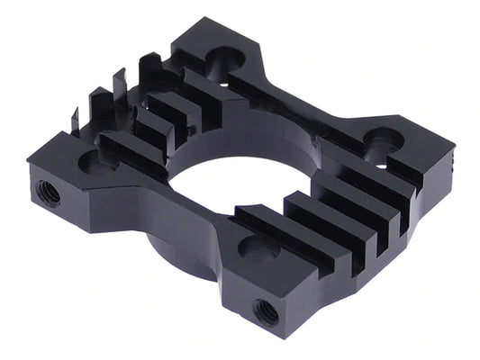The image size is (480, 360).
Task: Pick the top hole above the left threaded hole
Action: click(93, 163)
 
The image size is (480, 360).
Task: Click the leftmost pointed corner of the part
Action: click(29, 164)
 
